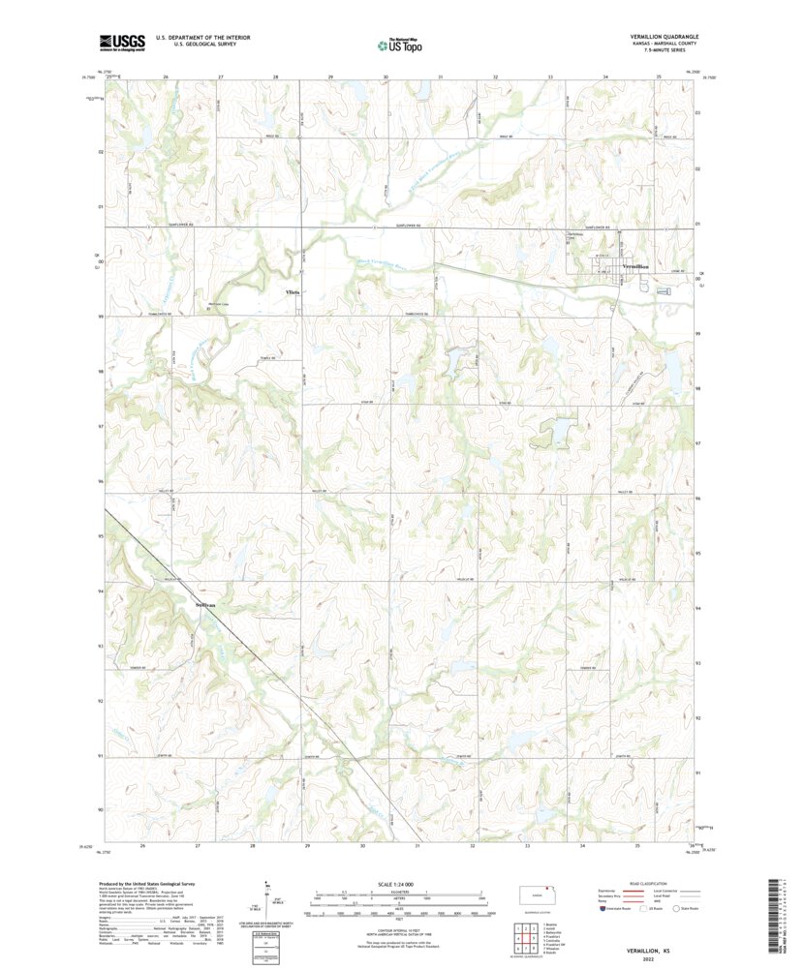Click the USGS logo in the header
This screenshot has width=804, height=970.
pyautogui.click(x=121, y=42)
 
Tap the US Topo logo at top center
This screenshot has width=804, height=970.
pyautogui.click(x=400, y=43)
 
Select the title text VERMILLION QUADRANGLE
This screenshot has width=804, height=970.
pyautogui.click(x=657, y=37)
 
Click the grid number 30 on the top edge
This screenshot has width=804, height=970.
pyautogui.click(x=386, y=76)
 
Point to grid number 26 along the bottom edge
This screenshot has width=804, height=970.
pyautogui.click(x=142, y=845)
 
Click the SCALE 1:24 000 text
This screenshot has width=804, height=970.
pyautogui.click(x=400, y=884)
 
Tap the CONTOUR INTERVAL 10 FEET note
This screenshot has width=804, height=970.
pyautogui.click(x=400, y=926)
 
